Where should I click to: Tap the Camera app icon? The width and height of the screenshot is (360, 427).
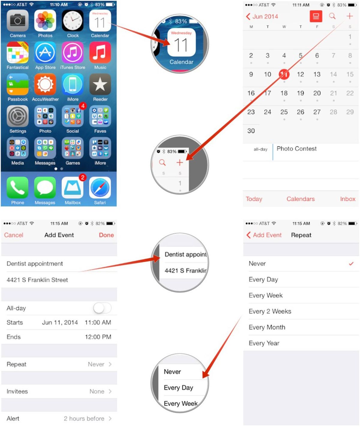point(18,21)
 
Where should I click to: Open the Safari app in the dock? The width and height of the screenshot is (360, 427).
point(100,188)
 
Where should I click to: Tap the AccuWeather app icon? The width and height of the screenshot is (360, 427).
point(45,84)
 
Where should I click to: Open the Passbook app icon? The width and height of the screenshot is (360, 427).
point(18,84)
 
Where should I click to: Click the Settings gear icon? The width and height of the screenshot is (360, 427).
point(18,116)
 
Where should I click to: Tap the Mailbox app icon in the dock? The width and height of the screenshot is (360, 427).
point(73,188)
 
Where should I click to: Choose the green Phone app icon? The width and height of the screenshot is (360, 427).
point(18,188)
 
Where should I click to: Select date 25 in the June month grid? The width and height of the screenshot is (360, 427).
point(284,112)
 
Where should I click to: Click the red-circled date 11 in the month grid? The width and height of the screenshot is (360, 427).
point(284,74)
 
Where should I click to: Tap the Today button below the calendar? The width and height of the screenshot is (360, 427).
point(254,199)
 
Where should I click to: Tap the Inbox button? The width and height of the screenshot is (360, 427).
point(347,199)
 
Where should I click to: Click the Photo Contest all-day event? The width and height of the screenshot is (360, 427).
point(296,149)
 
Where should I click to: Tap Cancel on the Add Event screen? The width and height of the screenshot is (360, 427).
point(14,235)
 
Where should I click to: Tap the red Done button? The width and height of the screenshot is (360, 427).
point(106,235)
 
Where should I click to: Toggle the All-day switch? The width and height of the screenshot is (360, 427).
point(102,308)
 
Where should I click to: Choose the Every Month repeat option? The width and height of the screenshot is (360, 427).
point(267,327)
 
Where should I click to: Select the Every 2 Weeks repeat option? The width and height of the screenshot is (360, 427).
point(270,311)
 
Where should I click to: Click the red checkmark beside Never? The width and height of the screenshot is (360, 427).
point(351,264)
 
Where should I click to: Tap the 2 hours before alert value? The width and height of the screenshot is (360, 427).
point(84,419)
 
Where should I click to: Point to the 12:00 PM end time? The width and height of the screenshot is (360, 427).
point(98,337)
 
